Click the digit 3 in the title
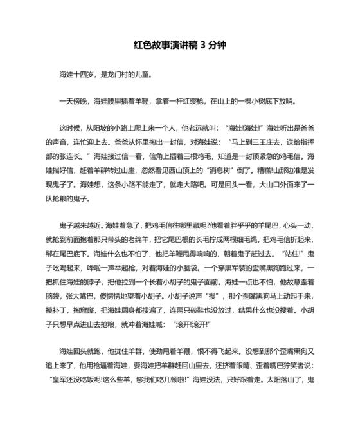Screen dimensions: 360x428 coord(204,46)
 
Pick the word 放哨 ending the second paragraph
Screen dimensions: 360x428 coord(287,101)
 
